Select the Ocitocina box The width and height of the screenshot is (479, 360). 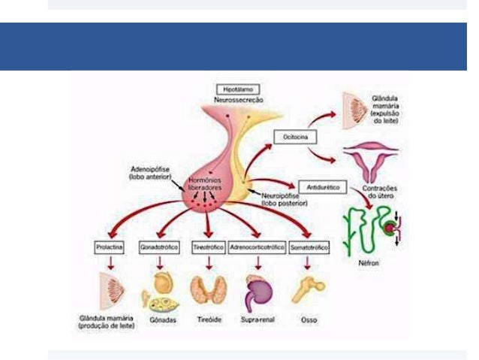click(291, 138)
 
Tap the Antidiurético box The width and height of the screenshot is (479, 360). click(320, 185)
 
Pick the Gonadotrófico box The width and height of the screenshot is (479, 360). click(159, 247)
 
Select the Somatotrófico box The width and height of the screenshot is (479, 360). click(309, 247)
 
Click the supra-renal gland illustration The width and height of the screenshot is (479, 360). click(258, 289)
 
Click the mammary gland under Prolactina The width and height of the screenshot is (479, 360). click(110, 290)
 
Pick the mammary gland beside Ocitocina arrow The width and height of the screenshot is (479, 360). click(356, 108)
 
